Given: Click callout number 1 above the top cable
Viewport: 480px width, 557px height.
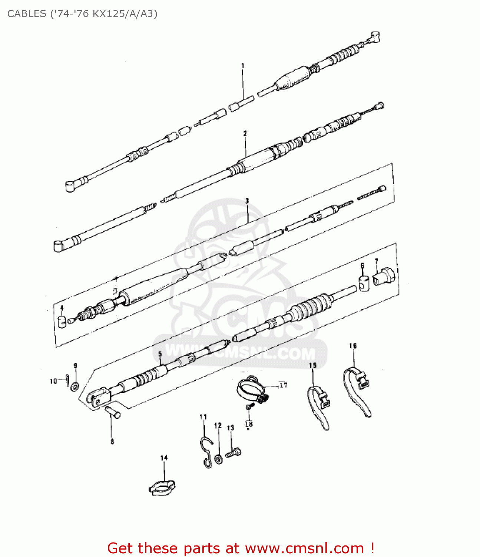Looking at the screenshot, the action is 243,66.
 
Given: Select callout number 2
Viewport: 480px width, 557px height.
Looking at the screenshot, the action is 245,133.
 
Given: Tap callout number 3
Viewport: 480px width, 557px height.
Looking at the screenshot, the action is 247,201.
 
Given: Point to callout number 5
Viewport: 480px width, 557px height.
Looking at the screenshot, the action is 160,354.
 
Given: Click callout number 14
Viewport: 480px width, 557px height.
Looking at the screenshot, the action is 164,457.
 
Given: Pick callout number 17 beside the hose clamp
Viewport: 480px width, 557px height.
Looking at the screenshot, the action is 283,385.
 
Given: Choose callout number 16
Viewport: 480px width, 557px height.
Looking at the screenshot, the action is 353,345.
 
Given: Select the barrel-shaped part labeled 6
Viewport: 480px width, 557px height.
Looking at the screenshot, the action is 364,283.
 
